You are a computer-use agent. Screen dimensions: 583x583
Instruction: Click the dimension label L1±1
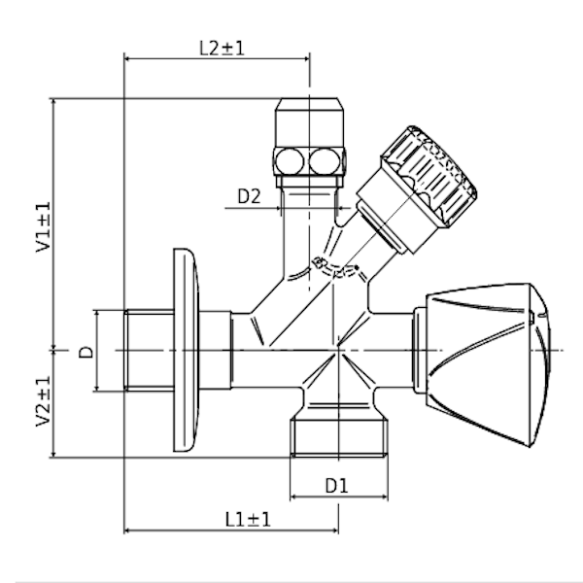coord(248,519)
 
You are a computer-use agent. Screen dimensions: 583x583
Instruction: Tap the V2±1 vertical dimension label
coord(44,401)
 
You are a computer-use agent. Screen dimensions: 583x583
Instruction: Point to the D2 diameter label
coord(250,196)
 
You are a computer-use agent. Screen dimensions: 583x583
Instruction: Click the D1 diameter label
coord(336,485)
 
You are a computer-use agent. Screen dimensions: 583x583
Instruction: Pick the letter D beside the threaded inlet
coord(86,351)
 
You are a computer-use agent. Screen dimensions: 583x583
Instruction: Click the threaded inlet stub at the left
coord(146,350)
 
